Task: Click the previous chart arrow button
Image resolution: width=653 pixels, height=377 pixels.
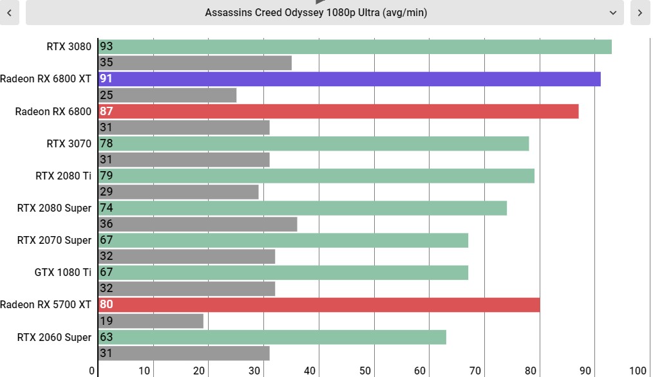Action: (x=9, y=12)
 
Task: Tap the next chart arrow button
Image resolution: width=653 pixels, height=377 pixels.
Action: (x=640, y=12)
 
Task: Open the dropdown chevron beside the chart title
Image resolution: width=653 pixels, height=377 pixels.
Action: (x=612, y=13)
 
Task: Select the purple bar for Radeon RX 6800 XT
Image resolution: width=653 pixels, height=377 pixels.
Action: (x=350, y=79)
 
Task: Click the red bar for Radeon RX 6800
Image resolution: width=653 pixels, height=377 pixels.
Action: (x=339, y=111)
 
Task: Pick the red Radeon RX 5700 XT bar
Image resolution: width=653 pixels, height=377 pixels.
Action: (x=319, y=305)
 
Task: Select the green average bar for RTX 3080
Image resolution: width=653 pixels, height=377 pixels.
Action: (x=355, y=46)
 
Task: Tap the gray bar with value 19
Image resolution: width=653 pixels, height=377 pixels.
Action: (x=151, y=321)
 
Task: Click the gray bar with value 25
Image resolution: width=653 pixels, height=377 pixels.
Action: (x=167, y=95)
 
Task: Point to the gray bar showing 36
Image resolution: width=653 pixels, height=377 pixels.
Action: (x=198, y=225)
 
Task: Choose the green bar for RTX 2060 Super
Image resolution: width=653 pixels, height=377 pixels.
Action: (x=272, y=338)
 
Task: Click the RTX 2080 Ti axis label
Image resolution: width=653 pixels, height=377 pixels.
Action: (x=63, y=176)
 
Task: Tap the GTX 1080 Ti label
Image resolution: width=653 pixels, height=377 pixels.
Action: (x=63, y=273)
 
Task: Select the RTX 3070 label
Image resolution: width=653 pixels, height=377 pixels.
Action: (x=69, y=144)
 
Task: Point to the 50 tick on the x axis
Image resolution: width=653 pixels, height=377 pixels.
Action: (x=364, y=371)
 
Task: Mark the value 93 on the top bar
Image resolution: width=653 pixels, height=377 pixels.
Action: (x=106, y=46)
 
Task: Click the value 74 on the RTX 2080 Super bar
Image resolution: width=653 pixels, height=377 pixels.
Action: (x=106, y=208)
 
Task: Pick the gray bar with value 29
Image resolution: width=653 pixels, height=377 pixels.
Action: (x=178, y=192)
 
